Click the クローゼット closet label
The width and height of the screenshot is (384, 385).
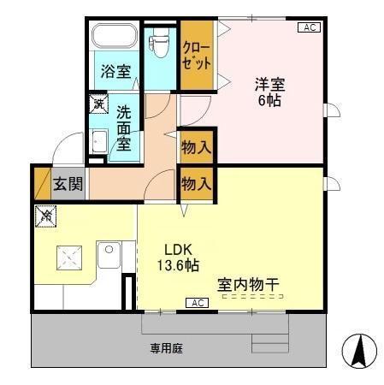pyautogui.click(x=196, y=56)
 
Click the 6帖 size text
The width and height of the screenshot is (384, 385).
pyautogui.click(x=269, y=100)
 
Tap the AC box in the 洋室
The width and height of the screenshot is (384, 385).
pyautogui.click(x=310, y=28)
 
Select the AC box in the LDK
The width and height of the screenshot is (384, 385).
pyautogui.click(x=198, y=303)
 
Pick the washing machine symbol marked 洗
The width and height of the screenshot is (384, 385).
pyautogui.click(x=99, y=104)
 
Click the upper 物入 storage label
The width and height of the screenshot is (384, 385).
pyautogui.click(x=196, y=148)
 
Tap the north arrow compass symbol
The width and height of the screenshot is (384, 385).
pyautogui.click(x=360, y=352)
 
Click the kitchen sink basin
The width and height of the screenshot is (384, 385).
pyautogui.click(x=109, y=256)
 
